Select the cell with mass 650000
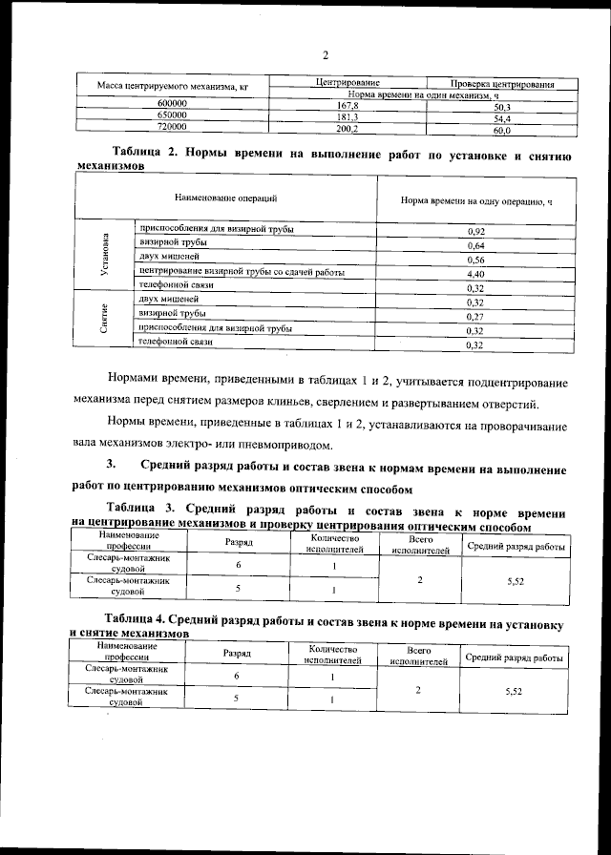172,116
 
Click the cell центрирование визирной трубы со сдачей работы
242,272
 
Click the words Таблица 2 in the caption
144,154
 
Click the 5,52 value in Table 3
515,579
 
